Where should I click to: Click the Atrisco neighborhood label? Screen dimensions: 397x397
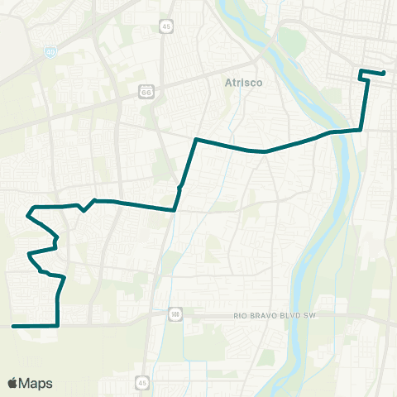click(x=243, y=82)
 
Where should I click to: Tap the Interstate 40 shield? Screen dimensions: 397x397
click(x=50, y=51)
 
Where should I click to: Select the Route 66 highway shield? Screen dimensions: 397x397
click(x=146, y=88)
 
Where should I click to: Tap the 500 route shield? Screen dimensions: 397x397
click(x=175, y=314)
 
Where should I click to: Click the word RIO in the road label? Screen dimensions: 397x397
click(x=241, y=315)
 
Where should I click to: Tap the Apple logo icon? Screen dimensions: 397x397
click(x=13, y=383)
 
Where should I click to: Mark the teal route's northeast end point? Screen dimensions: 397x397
click(x=384, y=73)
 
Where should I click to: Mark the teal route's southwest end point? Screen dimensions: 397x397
click(x=14, y=326)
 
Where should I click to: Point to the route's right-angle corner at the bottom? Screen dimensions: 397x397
click(x=57, y=326)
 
